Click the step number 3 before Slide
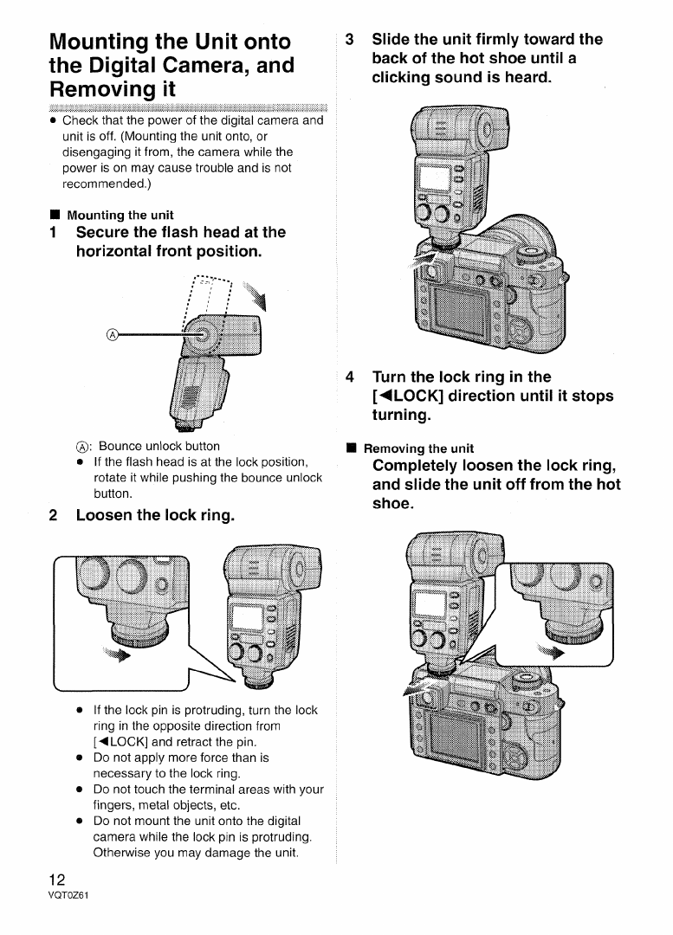[349, 40]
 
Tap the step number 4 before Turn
[349, 377]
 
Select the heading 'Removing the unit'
[418, 448]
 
